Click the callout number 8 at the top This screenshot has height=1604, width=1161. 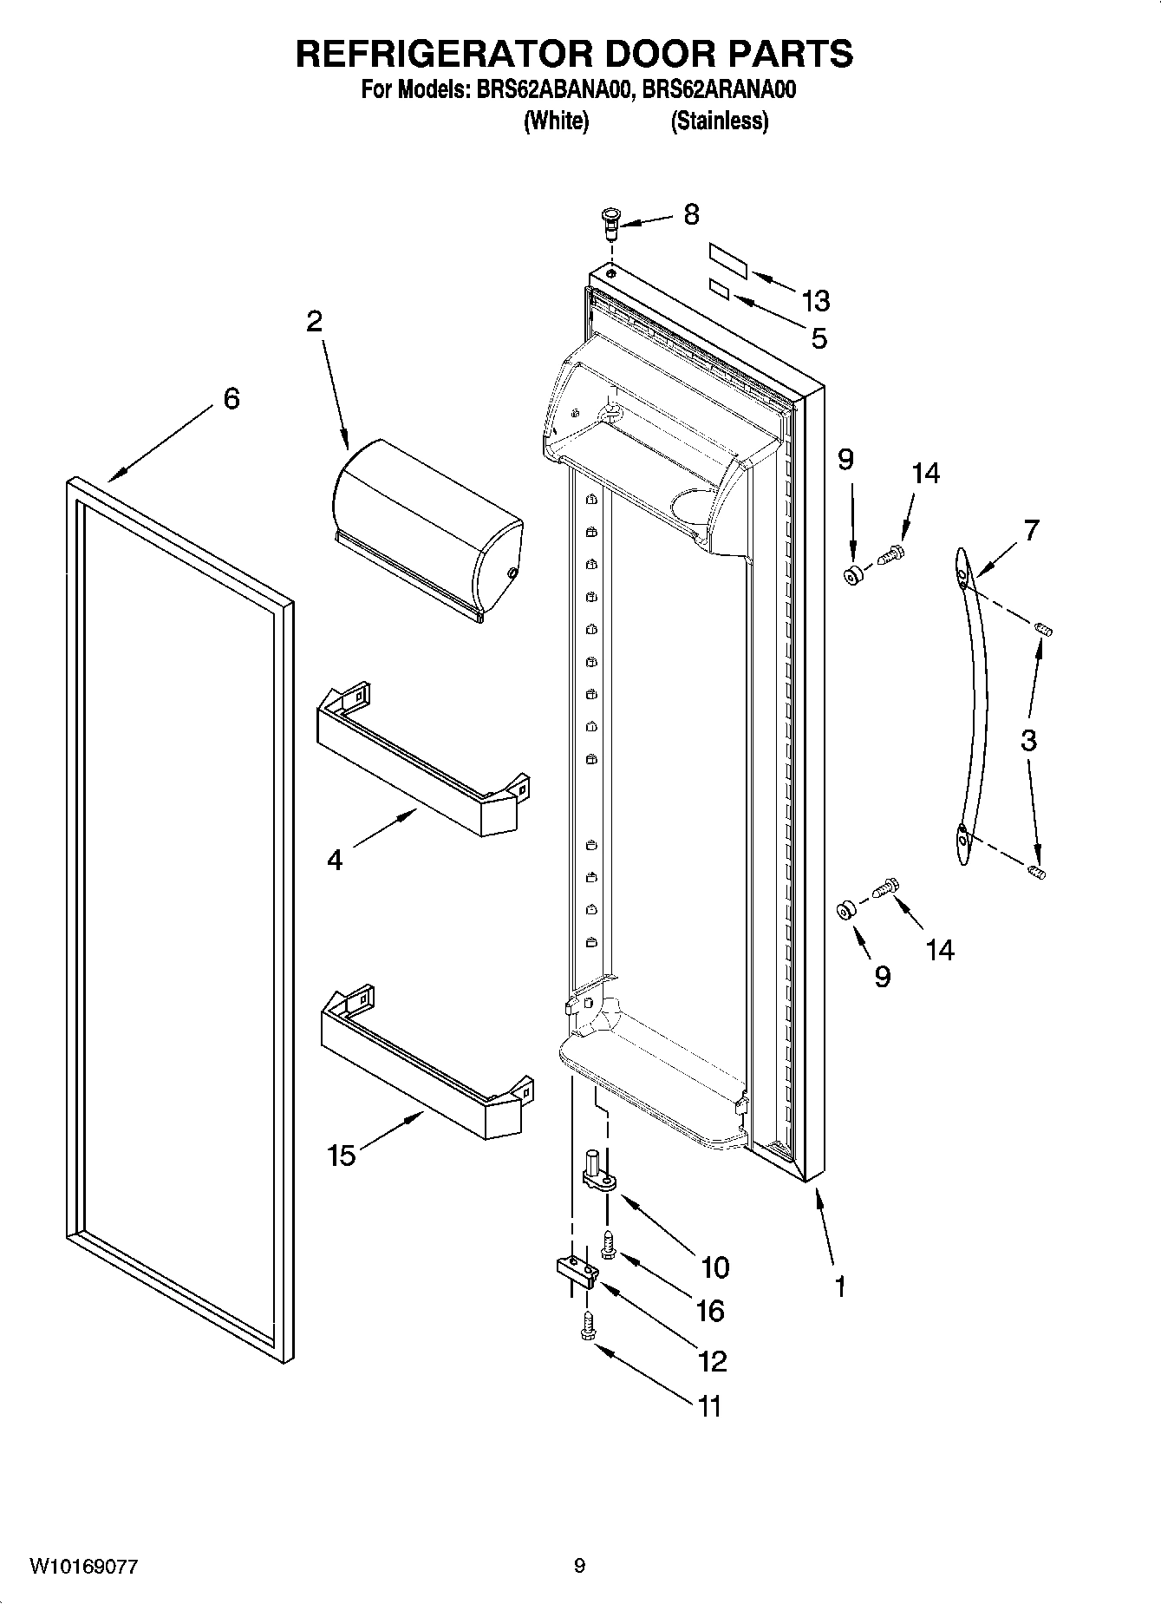691,214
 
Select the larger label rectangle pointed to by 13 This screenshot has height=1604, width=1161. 728,259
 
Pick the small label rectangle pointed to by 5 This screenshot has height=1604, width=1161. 719,288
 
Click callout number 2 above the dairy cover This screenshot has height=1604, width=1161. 314,322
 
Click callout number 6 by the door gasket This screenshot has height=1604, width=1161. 232,399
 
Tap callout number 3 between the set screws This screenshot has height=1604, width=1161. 1028,740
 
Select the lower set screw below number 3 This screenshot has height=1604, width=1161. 1037,871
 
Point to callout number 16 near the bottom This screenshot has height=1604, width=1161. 710,1310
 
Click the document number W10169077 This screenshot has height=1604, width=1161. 83,1566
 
